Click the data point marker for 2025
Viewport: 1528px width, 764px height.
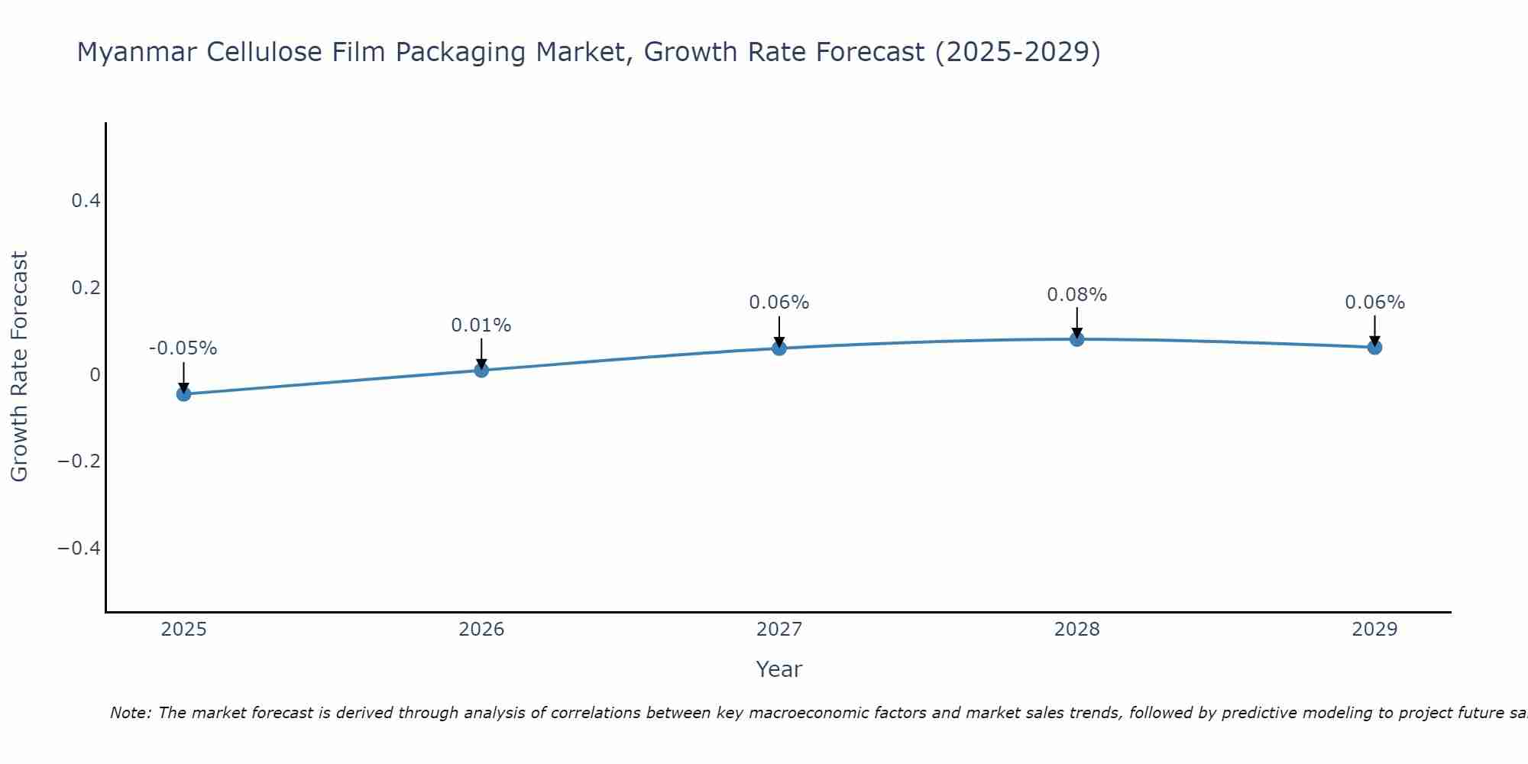[x=183, y=393]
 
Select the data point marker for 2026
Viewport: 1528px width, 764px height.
[x=481, y=370]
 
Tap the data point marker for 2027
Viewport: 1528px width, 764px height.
[x=779, y=348]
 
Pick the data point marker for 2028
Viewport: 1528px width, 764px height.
[x=1076, y=338]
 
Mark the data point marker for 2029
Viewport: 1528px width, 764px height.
[x=1374, y=347]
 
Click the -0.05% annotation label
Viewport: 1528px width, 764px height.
[x=183, y=348]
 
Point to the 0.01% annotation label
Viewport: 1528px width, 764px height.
[x=481, y=325]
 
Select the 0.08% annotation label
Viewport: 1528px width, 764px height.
[x=1076, y=295]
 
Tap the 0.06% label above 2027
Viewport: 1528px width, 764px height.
[x=779, y=303]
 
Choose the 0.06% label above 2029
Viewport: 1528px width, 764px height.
[x=1374, y=303]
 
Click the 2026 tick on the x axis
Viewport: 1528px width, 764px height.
[x=481, y=630]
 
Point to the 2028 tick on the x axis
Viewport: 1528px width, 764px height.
[x=1076, y=630]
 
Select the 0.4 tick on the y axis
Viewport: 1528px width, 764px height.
[x=86, y=201]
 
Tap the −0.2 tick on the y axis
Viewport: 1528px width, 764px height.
[x=79, y=461]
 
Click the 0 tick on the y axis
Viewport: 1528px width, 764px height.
[x=95, y=374]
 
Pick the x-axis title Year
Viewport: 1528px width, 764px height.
[x=779, y=669]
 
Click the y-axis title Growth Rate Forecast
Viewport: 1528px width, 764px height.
[x=19, y=367]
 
